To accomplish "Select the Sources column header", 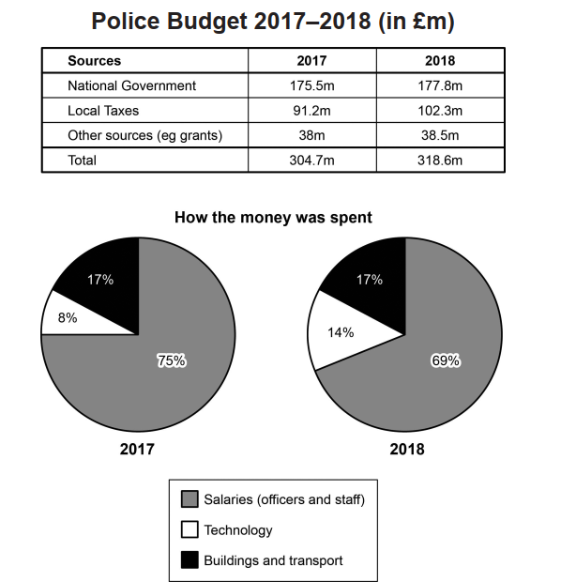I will [94, 61].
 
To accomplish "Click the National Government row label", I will [132, 85].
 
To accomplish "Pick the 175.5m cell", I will [311, 85].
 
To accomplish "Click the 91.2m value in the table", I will [311, 111].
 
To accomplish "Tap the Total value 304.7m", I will [311, 161].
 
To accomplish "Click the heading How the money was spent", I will [273, 218].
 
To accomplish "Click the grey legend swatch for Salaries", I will [188, 499].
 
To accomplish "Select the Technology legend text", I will [238, 530].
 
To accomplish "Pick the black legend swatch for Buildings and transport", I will [188, 560].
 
